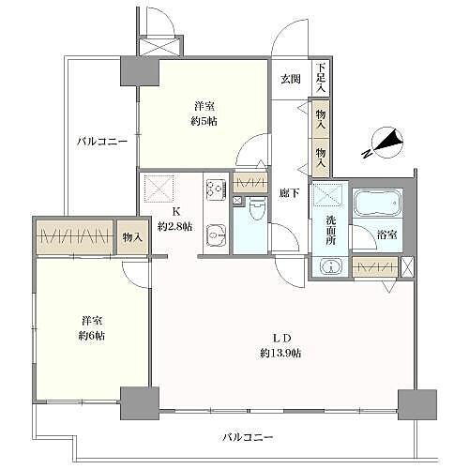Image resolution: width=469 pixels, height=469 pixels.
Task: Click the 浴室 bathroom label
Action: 386,234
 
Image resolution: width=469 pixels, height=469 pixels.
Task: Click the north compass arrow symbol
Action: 386,144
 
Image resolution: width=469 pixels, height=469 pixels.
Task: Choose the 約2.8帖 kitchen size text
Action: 175,226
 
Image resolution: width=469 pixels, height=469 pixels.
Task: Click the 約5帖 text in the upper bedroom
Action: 204,119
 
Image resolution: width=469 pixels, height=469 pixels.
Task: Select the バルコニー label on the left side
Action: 101,142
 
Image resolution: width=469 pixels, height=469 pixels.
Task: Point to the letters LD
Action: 280,336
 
